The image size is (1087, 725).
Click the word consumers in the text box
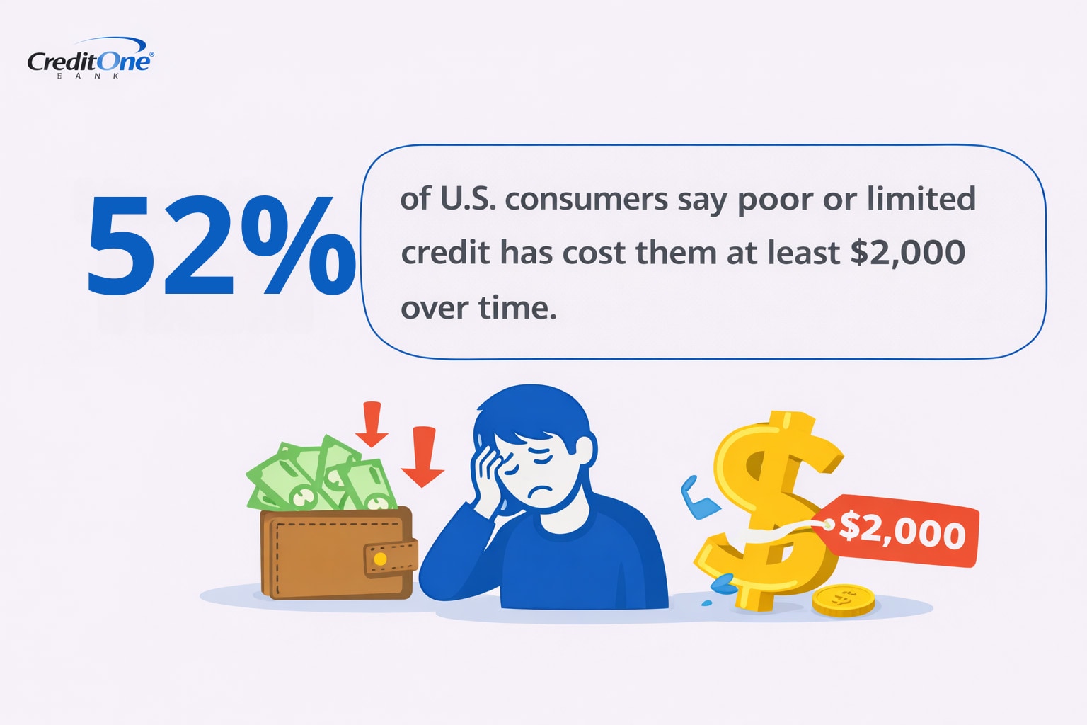(586, 200)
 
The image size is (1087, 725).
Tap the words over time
(478, 308)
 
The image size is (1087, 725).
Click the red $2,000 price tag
(902, 530)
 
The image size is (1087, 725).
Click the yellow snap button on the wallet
(380, 559)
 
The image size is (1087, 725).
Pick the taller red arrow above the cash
(372, 424)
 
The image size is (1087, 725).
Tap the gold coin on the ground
(843, 600)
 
